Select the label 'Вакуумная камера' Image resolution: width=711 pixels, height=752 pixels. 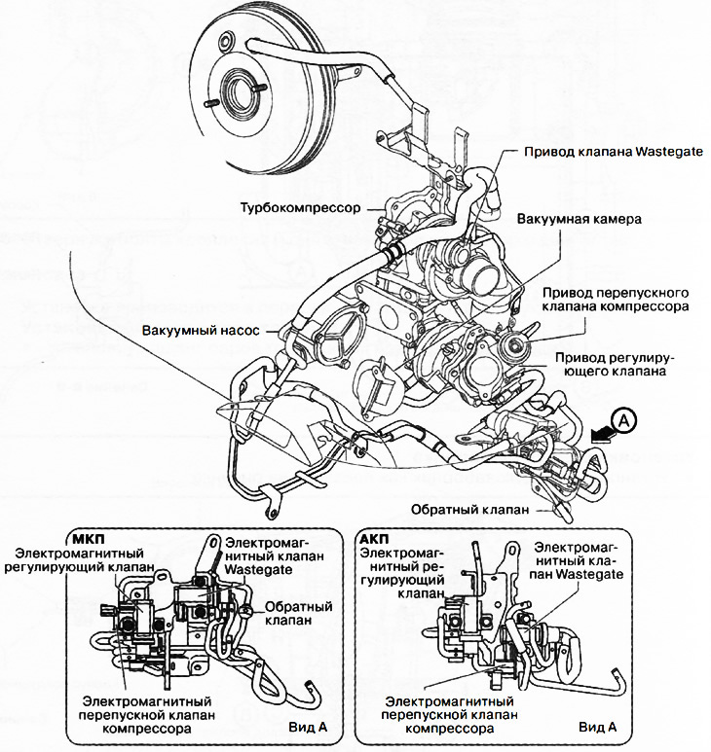pyautogui.click(x=580, y=219)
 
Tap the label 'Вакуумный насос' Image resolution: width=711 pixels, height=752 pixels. pyautogui.click(x=200, y=330)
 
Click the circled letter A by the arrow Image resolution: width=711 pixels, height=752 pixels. pyautogui.click(x=625, y=421)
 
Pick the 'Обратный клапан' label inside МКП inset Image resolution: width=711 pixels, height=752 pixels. pyautogui.click(x=298, y=614)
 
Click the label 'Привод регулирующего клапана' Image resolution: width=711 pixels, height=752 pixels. pyautogui.click(x=609, y=364)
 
